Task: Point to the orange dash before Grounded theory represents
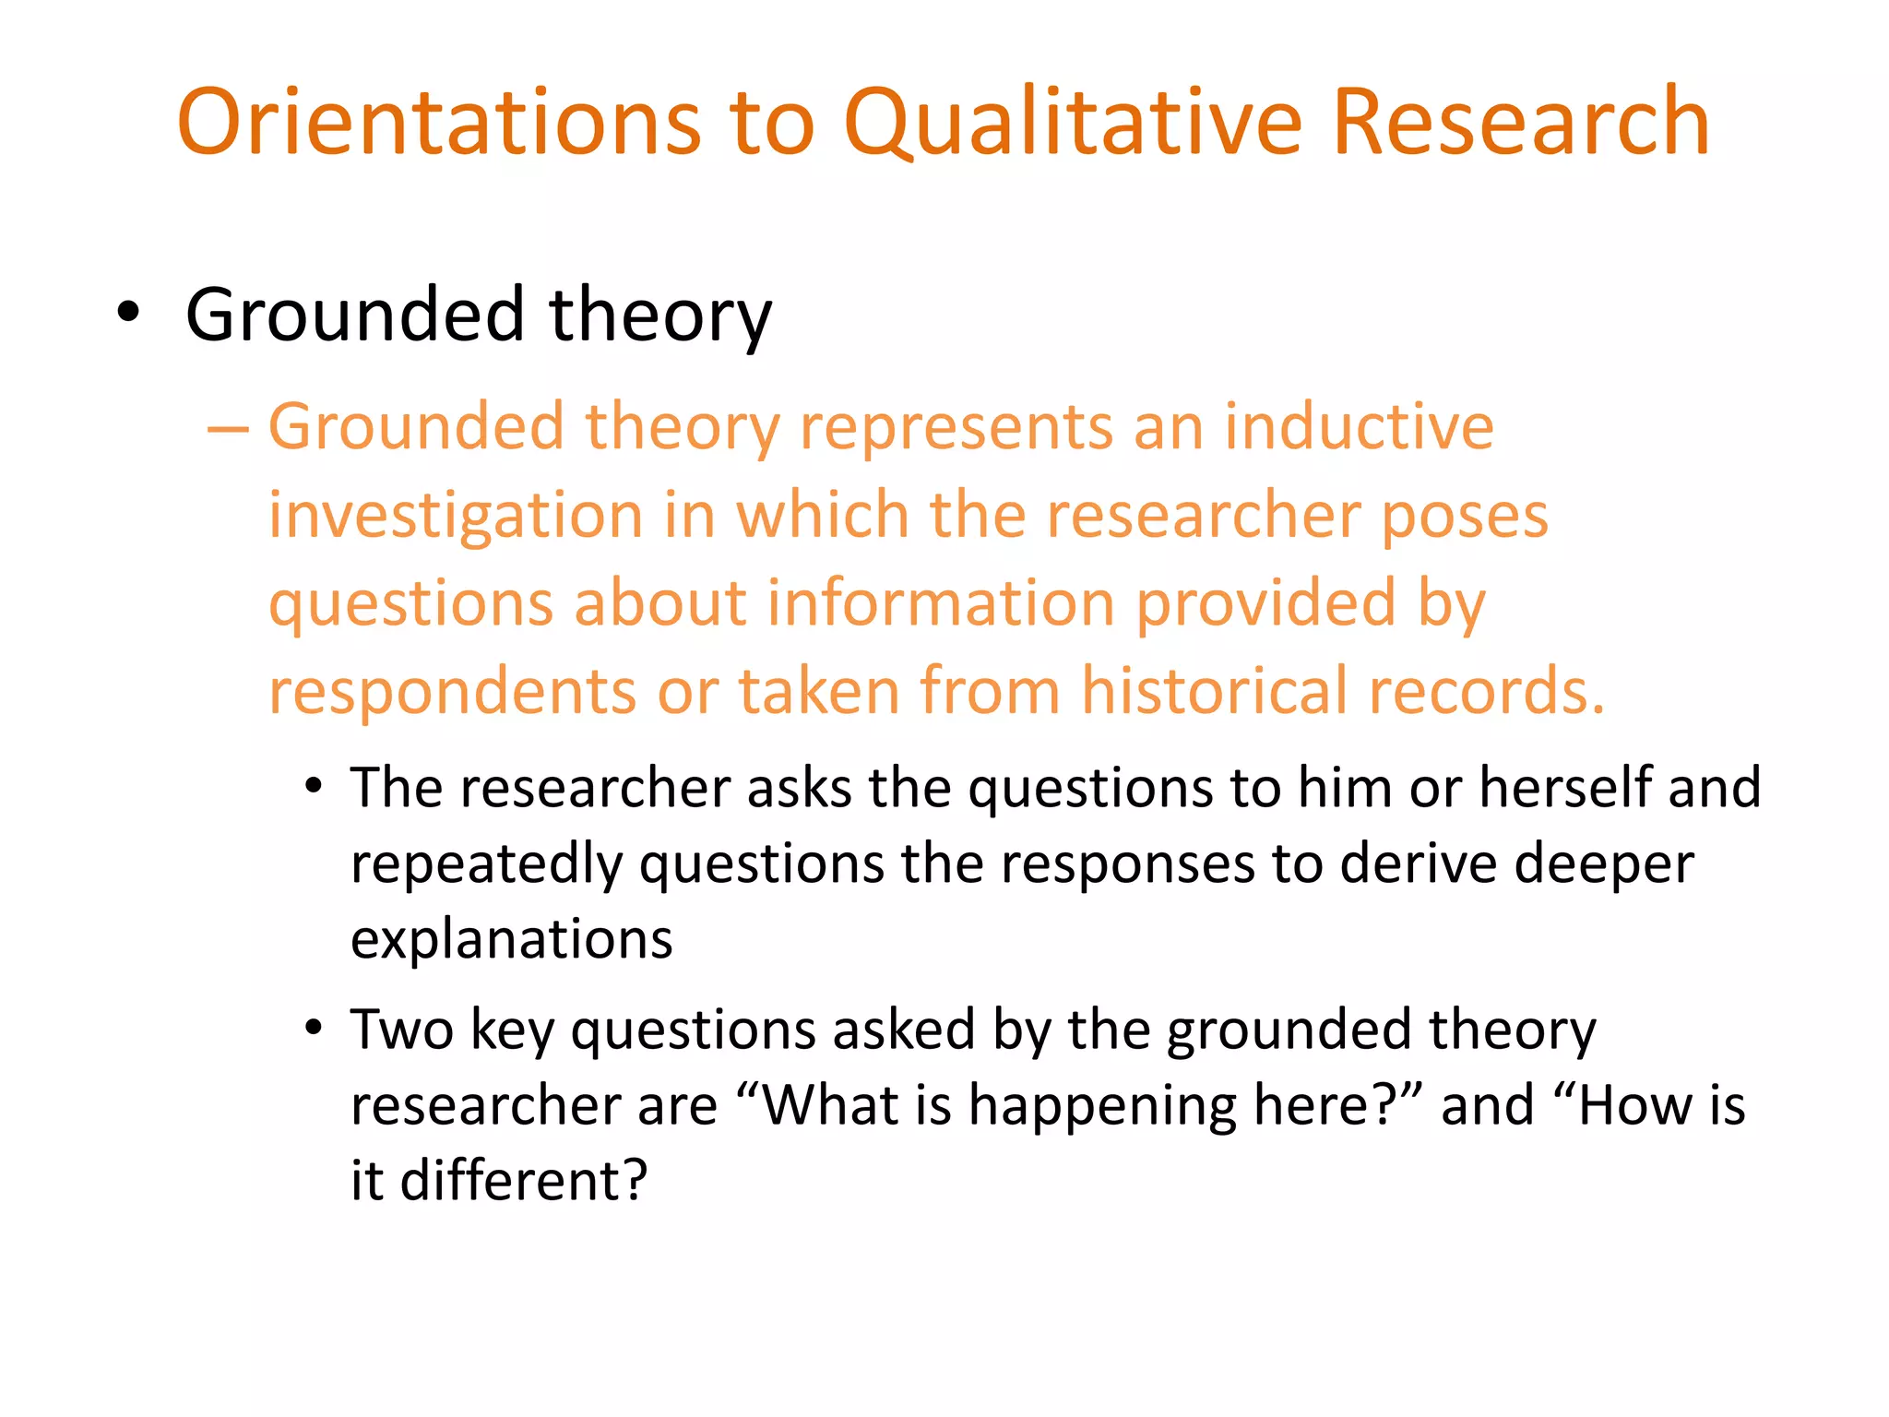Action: pos(228,429)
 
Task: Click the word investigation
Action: pos(456,517)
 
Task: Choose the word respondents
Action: pos(452,693)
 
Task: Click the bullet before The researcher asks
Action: pos(315,786)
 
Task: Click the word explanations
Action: pos(512,940)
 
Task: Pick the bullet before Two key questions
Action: pos(315,1027)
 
